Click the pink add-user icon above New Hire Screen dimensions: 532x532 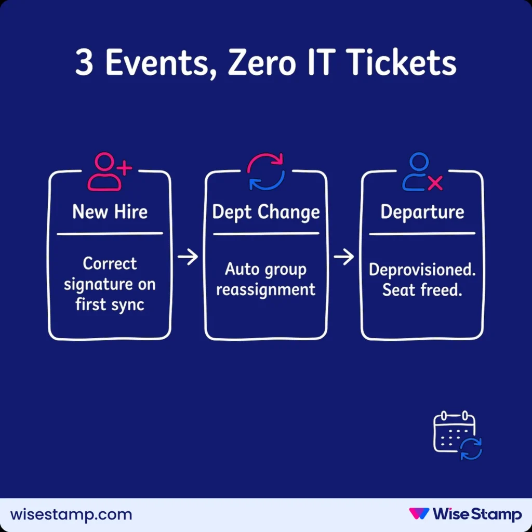click(109, 171)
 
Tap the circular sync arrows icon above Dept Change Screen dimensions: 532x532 click(266, 171)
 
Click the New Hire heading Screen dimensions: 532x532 click(110, 212)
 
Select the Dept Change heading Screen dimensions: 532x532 click(266, 212)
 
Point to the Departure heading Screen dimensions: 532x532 click(422, 212)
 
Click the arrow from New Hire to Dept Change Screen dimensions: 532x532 click(188, 257)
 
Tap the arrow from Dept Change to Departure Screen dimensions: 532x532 click(344, 257)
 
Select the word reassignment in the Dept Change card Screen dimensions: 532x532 click(266, 289)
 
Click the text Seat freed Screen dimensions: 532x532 click(422, 289)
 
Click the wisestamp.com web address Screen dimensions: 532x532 click(71, 515)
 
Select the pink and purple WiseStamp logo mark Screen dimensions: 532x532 click(419, 514)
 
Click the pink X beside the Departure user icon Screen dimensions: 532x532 click(435, 183)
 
